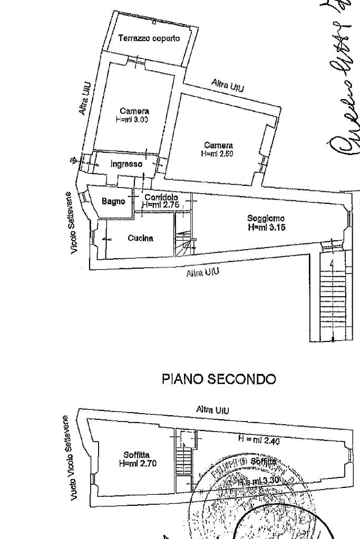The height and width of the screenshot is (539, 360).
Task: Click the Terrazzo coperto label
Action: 149,38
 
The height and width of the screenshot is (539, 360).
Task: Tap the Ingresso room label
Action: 126,164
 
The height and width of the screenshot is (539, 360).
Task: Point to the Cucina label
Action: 140,238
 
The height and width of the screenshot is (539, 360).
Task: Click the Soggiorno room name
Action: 266,219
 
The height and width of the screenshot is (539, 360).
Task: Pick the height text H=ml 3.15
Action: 266,228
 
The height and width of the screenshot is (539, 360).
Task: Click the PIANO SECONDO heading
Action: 219,379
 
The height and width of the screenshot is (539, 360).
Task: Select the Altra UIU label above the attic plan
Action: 211,409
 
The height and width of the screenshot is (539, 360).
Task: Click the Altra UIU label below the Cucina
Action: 203,273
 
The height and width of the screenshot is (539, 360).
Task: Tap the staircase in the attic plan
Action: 183,464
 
